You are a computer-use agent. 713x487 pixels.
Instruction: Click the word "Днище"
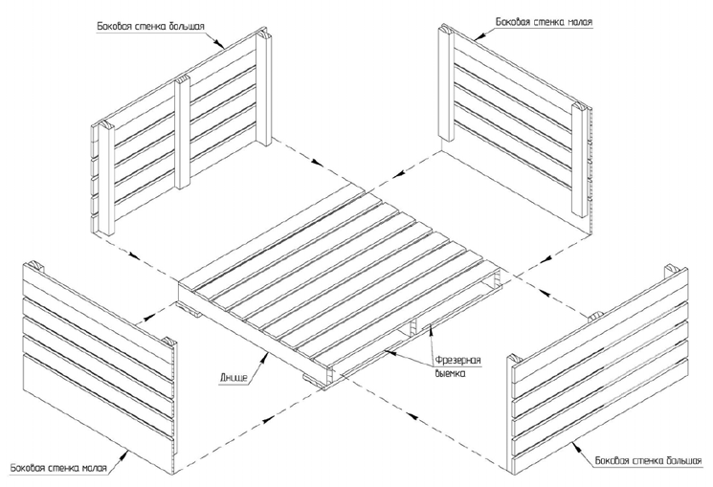pos(234,377)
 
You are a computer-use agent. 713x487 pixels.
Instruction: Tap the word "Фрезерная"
pos(457,361)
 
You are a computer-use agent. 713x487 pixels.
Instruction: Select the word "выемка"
pos(448,374)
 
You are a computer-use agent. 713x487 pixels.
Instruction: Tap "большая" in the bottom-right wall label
pos(684,460)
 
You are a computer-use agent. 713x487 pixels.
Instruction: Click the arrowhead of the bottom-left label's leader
pos(127,453)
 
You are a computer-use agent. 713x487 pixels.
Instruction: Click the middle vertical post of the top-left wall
pos(183,131)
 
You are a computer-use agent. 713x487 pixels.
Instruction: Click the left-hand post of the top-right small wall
pos(446,83)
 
